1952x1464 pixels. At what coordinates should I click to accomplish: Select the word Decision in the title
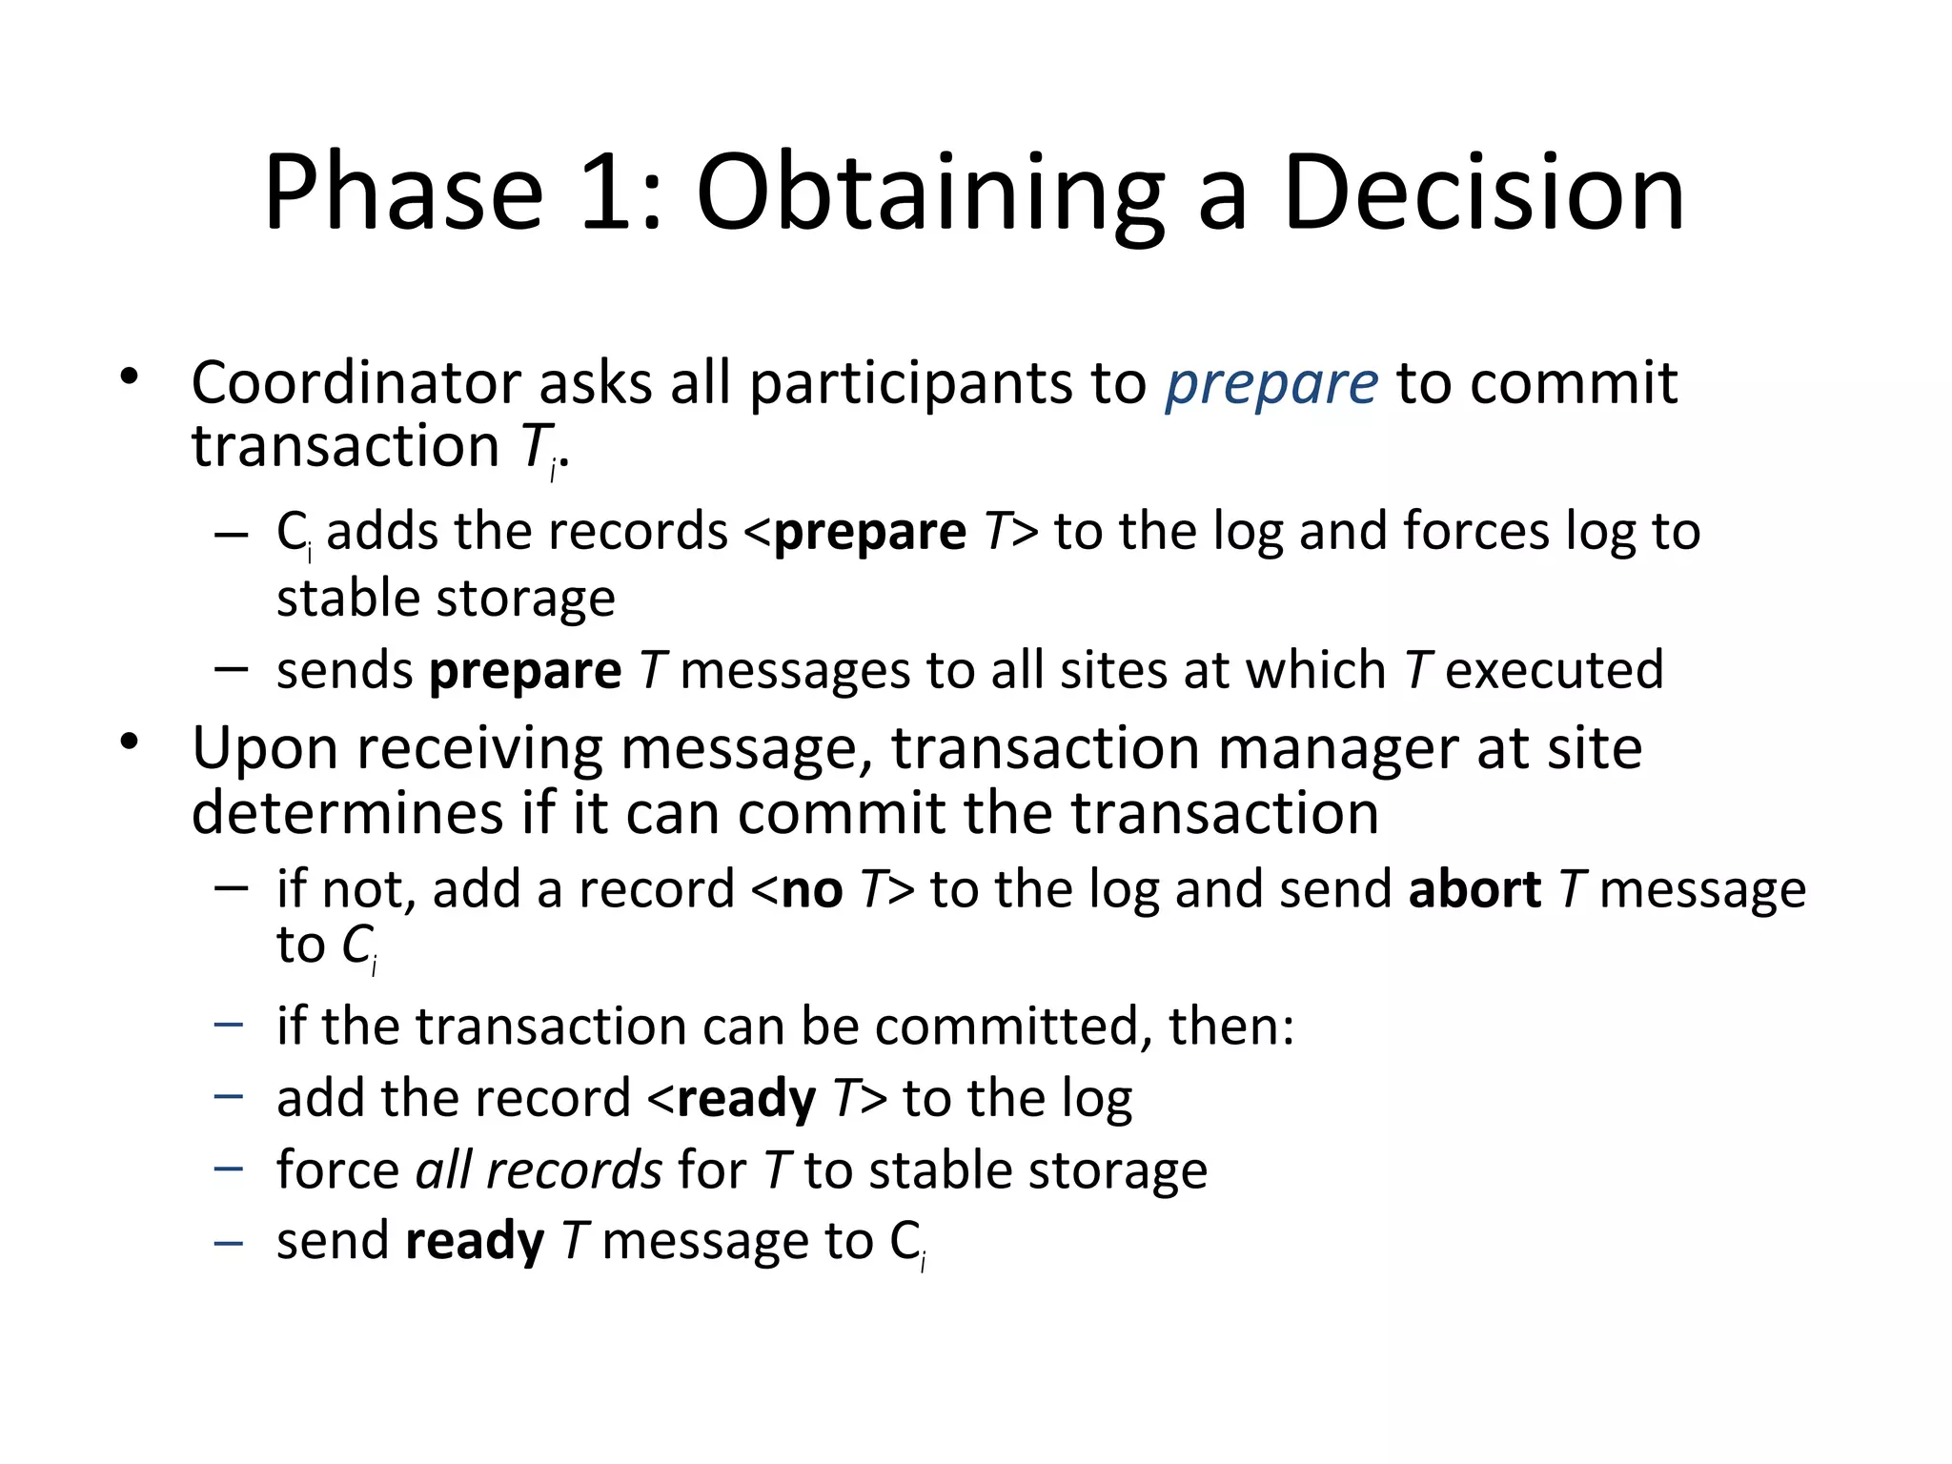[x=1484, y=193]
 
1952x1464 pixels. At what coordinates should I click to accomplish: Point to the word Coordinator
[x=356, y=383]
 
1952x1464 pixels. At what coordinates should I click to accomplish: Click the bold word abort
[x=1474, y=889]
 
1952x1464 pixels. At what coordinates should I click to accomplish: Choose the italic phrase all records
[x=539, y=1169]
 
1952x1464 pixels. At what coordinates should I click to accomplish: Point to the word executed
[x=1555, y=670]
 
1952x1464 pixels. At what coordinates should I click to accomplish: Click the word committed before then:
[x=1006, y=1027]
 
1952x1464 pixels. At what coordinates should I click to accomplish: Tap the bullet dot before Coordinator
[x=130, y=378]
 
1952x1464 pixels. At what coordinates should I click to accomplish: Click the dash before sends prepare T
[x=231, y=669]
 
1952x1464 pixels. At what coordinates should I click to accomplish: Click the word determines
[x=347, y=814]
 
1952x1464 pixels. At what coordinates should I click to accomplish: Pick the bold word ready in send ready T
[x=475, y=1242]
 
